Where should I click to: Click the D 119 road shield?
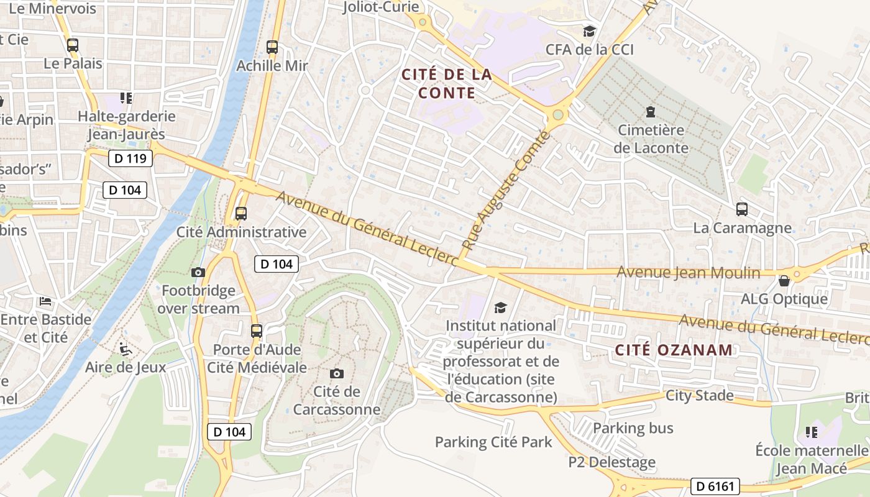pos(130,158)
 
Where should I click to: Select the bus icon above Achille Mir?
pos(272,47)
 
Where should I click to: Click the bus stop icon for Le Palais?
pos(73,45)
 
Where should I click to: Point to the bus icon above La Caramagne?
pos(741,209)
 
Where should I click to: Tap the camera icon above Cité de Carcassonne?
pos(336,373)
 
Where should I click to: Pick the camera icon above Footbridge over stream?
pos(198,272)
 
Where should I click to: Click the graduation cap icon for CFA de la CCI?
pos(588,31)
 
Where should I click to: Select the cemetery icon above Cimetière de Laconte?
pos(650,112)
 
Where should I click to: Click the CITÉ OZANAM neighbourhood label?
pos(674,350)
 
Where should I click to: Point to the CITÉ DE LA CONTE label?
pos(447,84)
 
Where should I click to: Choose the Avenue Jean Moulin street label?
pos(688,273)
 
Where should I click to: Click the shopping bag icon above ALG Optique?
pos(784,281)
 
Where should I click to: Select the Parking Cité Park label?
pos(493,442)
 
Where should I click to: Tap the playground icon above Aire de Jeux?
pos(126,349)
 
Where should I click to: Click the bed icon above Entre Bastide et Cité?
pos(45,301)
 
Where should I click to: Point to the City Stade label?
pos(699,395)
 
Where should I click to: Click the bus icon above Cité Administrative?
pos(241,214)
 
